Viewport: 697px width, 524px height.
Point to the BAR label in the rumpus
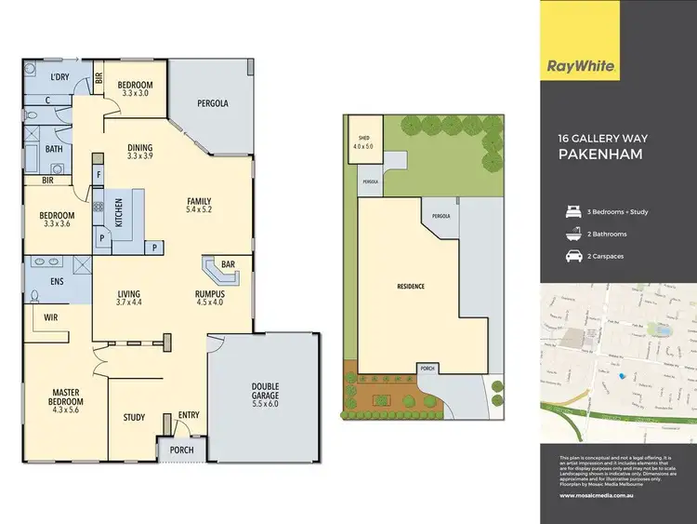(x=228, y=263)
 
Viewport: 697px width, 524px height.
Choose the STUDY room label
(x=134, y=417)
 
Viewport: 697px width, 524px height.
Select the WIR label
(x=50, y=317)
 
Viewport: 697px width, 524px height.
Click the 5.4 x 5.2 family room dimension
(x=199, y=211)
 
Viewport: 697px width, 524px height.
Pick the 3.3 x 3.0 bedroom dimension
(x=136, y=94)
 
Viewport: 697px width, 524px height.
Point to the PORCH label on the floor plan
(x=181, y=450)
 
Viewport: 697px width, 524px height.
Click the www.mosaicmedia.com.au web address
(x=597, y=495)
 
